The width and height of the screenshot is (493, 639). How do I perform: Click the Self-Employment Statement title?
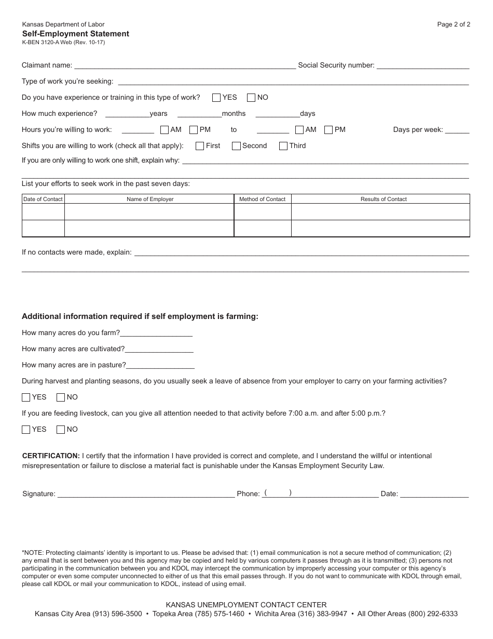tap(75, 34)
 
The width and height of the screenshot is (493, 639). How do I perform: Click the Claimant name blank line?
tap(185, 65)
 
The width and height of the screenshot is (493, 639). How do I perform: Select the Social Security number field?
tap(422, 65)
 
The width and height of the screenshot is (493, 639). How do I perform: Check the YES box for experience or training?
tap(216, 98)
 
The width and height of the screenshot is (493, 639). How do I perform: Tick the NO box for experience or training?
tap(251, 98)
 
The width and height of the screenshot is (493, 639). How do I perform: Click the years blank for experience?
tap(127, 113)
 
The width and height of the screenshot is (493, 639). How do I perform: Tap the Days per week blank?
tap(457, 130)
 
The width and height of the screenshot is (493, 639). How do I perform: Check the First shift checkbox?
tap(200, 146)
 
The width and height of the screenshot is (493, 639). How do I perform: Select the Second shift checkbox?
tap(236, 146)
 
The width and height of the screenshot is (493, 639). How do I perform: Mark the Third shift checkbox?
tap(283, 146)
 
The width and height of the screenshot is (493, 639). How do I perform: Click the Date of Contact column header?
tap(43, 199)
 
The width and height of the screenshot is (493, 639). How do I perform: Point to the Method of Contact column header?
tap(262, 199)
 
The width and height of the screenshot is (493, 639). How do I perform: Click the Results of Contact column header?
tap(384, 199)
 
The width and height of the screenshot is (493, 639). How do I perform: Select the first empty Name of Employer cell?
tap(149, 212)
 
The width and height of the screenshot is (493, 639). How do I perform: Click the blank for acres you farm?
tap(156, 333)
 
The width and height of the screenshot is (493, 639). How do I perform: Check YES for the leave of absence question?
tap(26, 397)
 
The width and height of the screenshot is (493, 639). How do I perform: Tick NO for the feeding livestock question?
tap(61, 430)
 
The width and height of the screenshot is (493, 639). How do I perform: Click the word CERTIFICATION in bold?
tap(51, 456)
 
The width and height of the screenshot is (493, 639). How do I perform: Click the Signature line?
tap(145, 494)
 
